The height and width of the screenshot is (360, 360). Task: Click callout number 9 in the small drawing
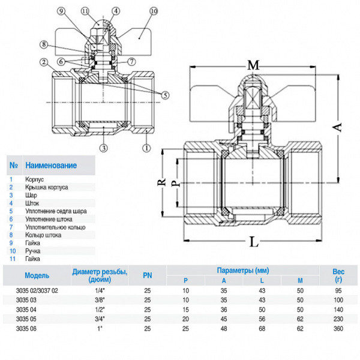pos(61,11)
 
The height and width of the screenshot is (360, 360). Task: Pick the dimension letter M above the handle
pos(253,64)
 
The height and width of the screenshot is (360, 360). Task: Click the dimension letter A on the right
pos(338,127)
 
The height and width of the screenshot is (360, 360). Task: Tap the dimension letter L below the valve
pos(254,242)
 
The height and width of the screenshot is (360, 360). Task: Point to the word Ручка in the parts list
pos(33,251)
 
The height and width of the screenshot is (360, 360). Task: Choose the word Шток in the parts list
pos(32,203)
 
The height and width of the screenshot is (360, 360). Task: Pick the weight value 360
pos(338,329)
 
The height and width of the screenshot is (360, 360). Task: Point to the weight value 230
pos(338,319)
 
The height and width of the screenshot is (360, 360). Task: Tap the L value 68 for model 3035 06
pos(262,329)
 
